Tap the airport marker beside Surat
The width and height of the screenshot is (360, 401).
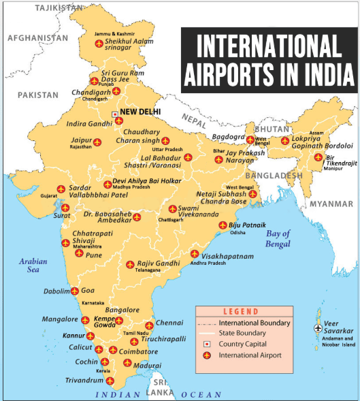coord(65,208)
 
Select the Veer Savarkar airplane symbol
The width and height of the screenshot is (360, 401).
coord(317,327)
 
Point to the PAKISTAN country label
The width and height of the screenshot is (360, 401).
coord(39,95)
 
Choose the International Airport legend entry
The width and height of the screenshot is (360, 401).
coord(250,355)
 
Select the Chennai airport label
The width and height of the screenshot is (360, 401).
coord(169,322)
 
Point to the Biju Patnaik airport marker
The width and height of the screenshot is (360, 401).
coord(222,225)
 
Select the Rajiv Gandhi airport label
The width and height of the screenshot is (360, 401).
coord(158,263)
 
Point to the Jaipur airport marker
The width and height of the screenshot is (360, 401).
coord(96,142)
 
